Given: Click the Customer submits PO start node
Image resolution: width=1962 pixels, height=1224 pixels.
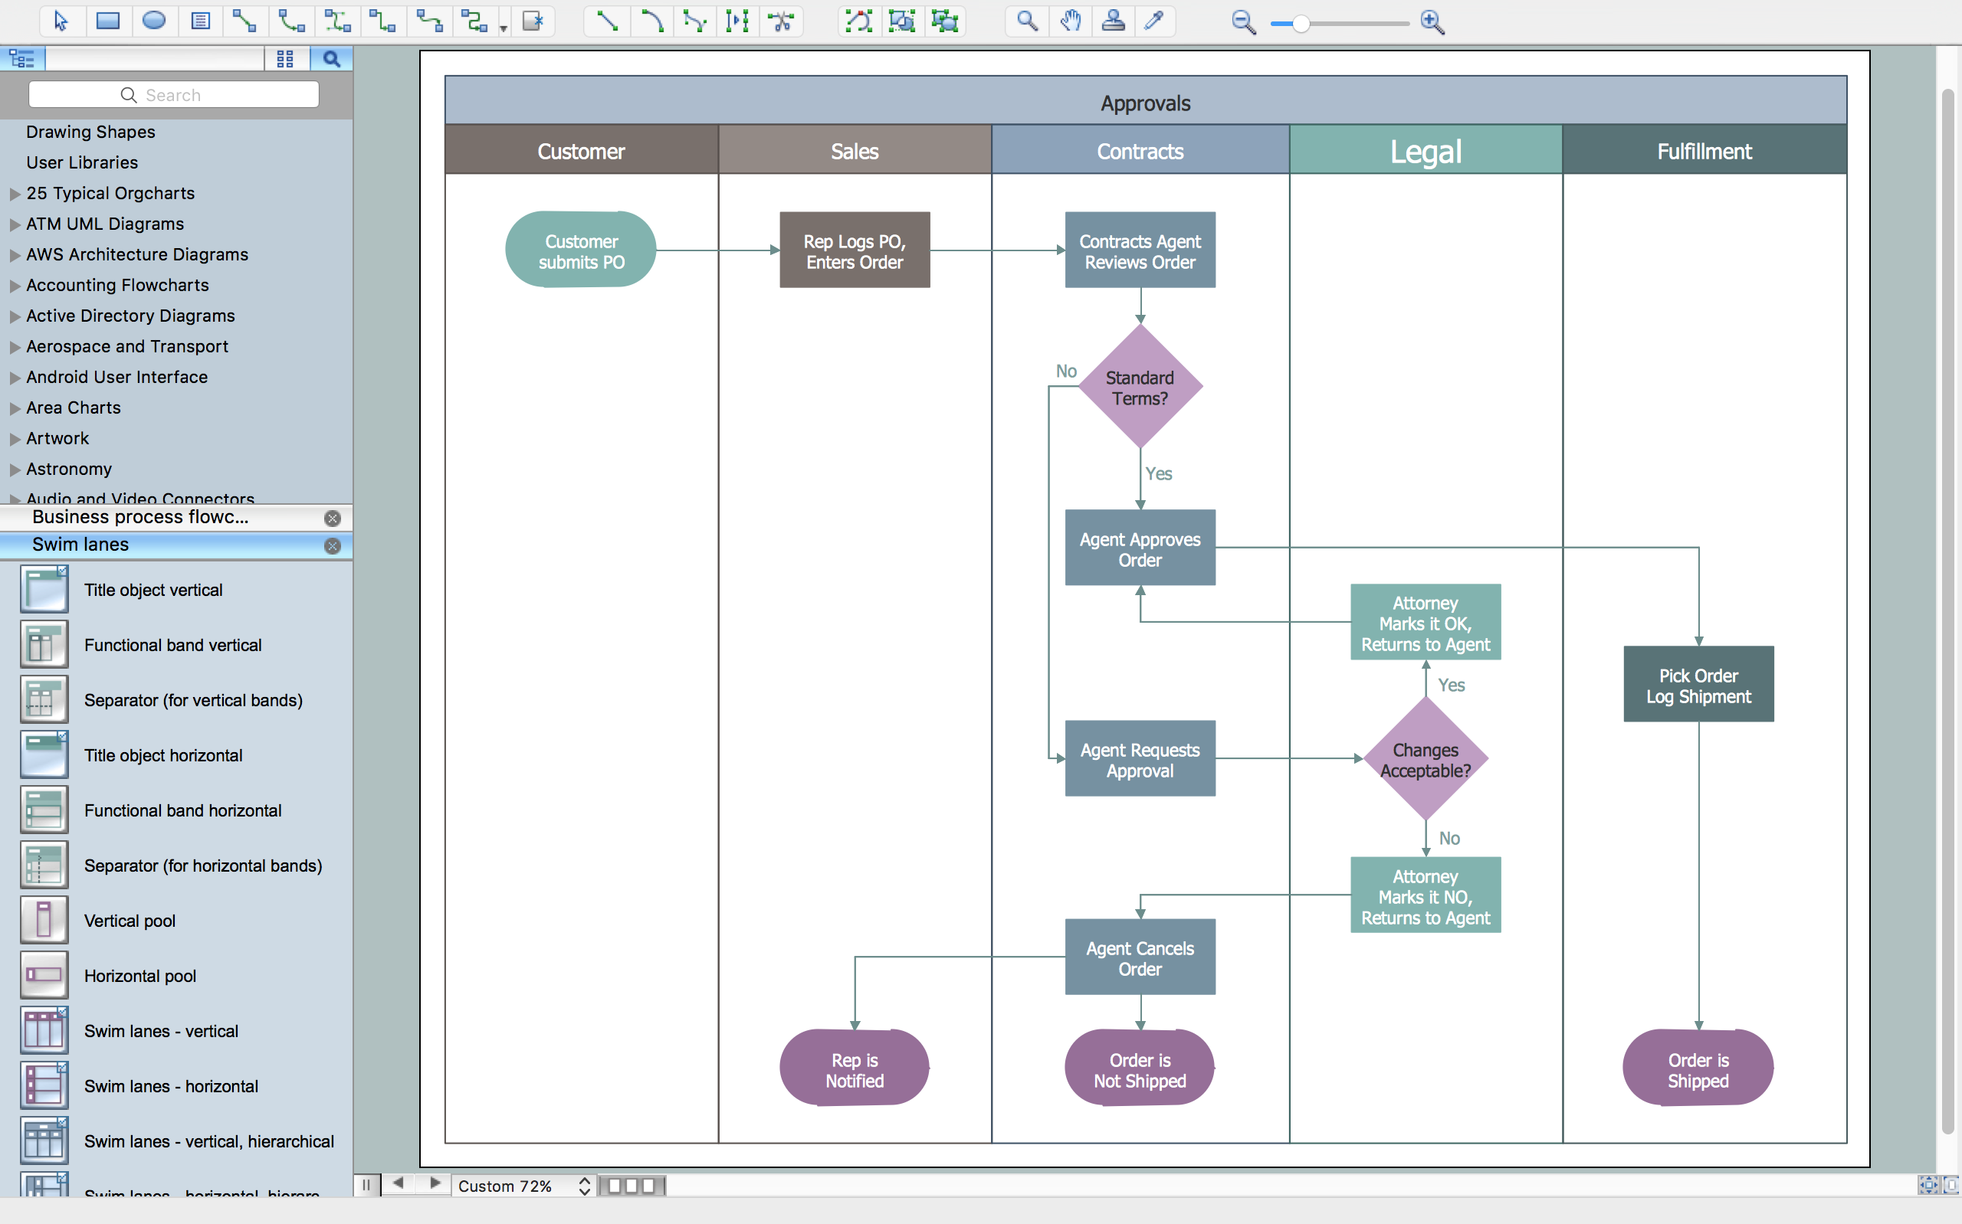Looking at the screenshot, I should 581,250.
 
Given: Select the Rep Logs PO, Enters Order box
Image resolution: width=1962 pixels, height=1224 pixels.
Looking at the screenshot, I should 855,251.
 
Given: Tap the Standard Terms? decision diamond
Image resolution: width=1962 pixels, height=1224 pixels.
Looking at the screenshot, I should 1140,388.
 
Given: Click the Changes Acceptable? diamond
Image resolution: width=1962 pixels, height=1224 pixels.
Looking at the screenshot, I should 1426,759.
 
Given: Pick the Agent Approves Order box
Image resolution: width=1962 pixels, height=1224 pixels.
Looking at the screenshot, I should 1140,549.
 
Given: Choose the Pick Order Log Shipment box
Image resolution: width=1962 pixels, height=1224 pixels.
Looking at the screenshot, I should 1698,685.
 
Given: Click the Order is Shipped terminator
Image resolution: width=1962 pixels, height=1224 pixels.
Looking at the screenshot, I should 1698,1069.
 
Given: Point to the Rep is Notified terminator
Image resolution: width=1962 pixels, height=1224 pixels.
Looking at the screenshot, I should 855,1069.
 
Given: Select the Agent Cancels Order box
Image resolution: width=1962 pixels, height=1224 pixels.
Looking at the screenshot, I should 1140,957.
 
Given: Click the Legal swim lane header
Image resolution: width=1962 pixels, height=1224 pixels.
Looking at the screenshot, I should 1426,152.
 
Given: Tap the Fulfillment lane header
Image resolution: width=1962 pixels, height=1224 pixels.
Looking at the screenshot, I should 1704,152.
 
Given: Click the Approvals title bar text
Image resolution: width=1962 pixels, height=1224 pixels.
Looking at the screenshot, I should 1145,103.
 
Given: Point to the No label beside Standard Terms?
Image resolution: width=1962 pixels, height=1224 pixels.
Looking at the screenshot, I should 1065,371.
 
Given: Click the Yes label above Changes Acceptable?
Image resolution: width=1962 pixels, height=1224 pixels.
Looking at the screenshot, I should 1451,685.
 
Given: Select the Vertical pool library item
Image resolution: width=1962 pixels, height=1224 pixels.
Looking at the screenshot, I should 130,921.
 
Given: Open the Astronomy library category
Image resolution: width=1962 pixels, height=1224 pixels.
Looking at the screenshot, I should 69,469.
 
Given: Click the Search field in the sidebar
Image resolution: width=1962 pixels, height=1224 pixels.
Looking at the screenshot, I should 173,95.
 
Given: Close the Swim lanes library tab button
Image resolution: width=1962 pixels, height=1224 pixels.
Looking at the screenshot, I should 332,545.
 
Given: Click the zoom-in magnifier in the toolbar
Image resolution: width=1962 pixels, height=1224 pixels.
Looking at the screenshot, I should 1432,22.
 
